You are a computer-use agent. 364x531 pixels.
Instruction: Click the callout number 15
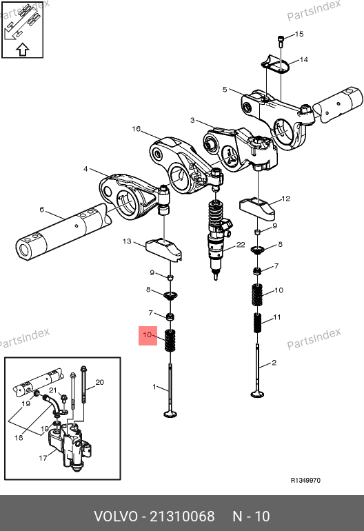tap(299, 34)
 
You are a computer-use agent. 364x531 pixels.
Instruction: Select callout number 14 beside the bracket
tap(304, 59)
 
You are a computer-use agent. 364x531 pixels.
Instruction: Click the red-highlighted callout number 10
tap(148, 335)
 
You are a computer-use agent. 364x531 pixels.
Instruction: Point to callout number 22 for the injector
tap(241, 245)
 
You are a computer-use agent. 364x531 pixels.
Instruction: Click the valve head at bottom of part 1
tap(170, 414)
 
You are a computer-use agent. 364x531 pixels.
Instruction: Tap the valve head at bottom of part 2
tap(258, 394)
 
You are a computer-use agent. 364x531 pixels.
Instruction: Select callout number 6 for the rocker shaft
tap(41, 210)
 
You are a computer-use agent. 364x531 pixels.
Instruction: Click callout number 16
tap(136, 129)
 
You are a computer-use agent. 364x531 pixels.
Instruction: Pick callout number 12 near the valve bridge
tap(286, 199)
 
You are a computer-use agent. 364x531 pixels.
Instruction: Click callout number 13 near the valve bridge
tap(127, 241)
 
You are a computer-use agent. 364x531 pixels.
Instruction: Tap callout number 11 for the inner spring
tap(277, 317)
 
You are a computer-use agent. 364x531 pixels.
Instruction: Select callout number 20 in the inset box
tap(99, 382)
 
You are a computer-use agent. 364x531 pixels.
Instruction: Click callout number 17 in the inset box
tap(43, 458)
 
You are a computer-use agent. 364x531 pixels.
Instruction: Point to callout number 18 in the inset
tap(19, 437)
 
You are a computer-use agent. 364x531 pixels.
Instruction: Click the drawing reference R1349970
tap(305, 480)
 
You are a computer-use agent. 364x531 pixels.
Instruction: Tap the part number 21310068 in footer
tap(182, 517)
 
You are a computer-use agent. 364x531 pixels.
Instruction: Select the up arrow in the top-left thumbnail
tap(23, 50)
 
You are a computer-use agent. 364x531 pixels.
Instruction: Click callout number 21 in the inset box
tap(52, 390)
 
